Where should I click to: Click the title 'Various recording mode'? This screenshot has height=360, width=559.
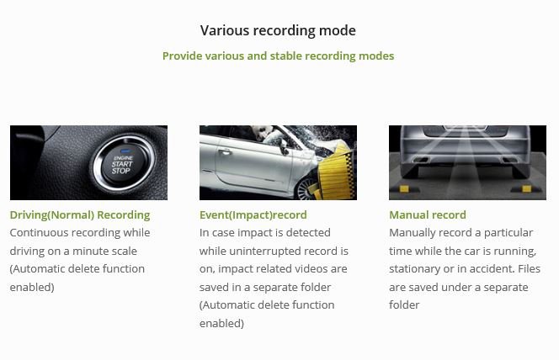pyautogui.click(x=278, y=30)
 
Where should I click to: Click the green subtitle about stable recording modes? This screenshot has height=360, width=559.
pyautogui.click(x=278, y=56)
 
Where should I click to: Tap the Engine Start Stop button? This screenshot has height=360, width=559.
pyautogui.click(x=123, y=165)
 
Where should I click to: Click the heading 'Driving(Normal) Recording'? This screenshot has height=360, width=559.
pyautogui.click(x=80, y=215)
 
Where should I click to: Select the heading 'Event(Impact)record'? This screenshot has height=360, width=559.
pyautogui.click(x=253, y=215)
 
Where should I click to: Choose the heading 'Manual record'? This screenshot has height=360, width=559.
pyautogui.click(x=428, y=215)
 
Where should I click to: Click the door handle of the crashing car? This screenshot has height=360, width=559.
pyautogui.click(x=226, y=152)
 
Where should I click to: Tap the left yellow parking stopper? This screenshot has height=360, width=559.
pyautogui.click(x=403, y=189)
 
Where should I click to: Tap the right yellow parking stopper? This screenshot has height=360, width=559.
pyautogui.click(x=526, y=189)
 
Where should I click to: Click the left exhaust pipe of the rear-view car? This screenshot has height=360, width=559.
pyautogui.click(x=422, y=160)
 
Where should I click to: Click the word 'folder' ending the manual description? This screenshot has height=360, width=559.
pyautogui.click(x=404, y=304)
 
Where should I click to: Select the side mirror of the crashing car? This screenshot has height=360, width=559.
pyautogui.click(x=285, y=146)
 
